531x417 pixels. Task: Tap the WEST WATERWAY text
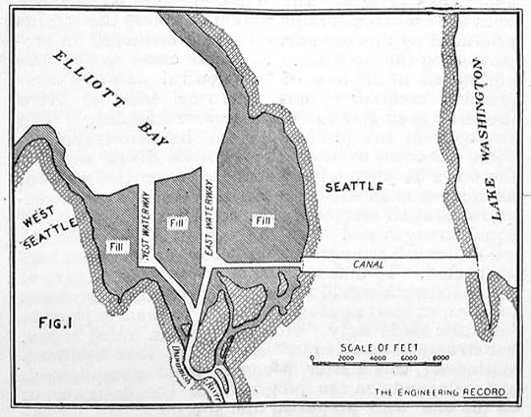click(x=145, y=232)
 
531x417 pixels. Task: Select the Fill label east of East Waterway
click(x=261, y=220)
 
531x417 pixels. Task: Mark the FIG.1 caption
click(x=45, y=322)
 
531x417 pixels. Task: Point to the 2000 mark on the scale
click(x=343, y=359)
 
